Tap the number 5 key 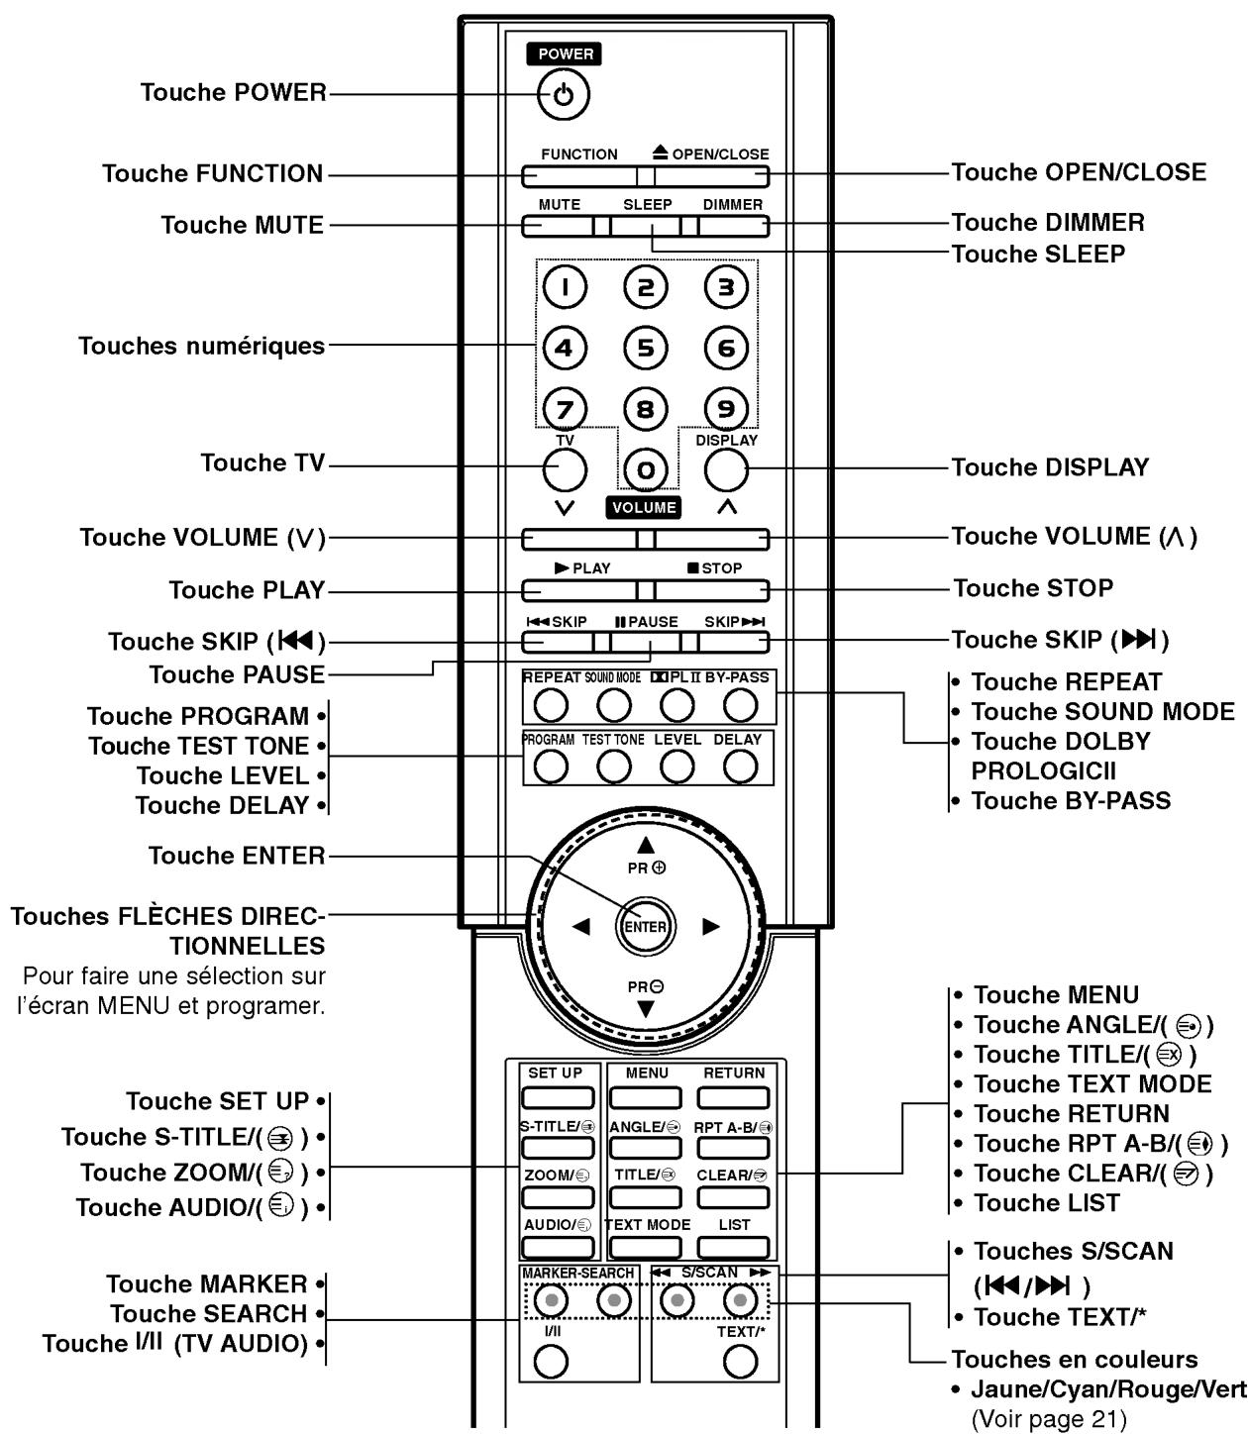tap(645, 348)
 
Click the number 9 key tap(726, 408)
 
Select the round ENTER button tap(645, 927)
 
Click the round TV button tap(565, 470)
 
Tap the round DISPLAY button tap(726, 470)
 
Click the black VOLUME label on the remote tap(644, 508)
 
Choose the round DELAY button tap(740, 767)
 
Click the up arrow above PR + tap(646, 845)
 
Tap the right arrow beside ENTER tap(710, 927)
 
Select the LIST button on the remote tap(734, 1247)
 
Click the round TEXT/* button tap(740, 1363)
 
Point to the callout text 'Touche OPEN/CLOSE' tap(1079, 172)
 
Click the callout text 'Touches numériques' tap(202, 347)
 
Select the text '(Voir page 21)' tap(1049, 1419)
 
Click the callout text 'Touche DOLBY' tap(1061, 742)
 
